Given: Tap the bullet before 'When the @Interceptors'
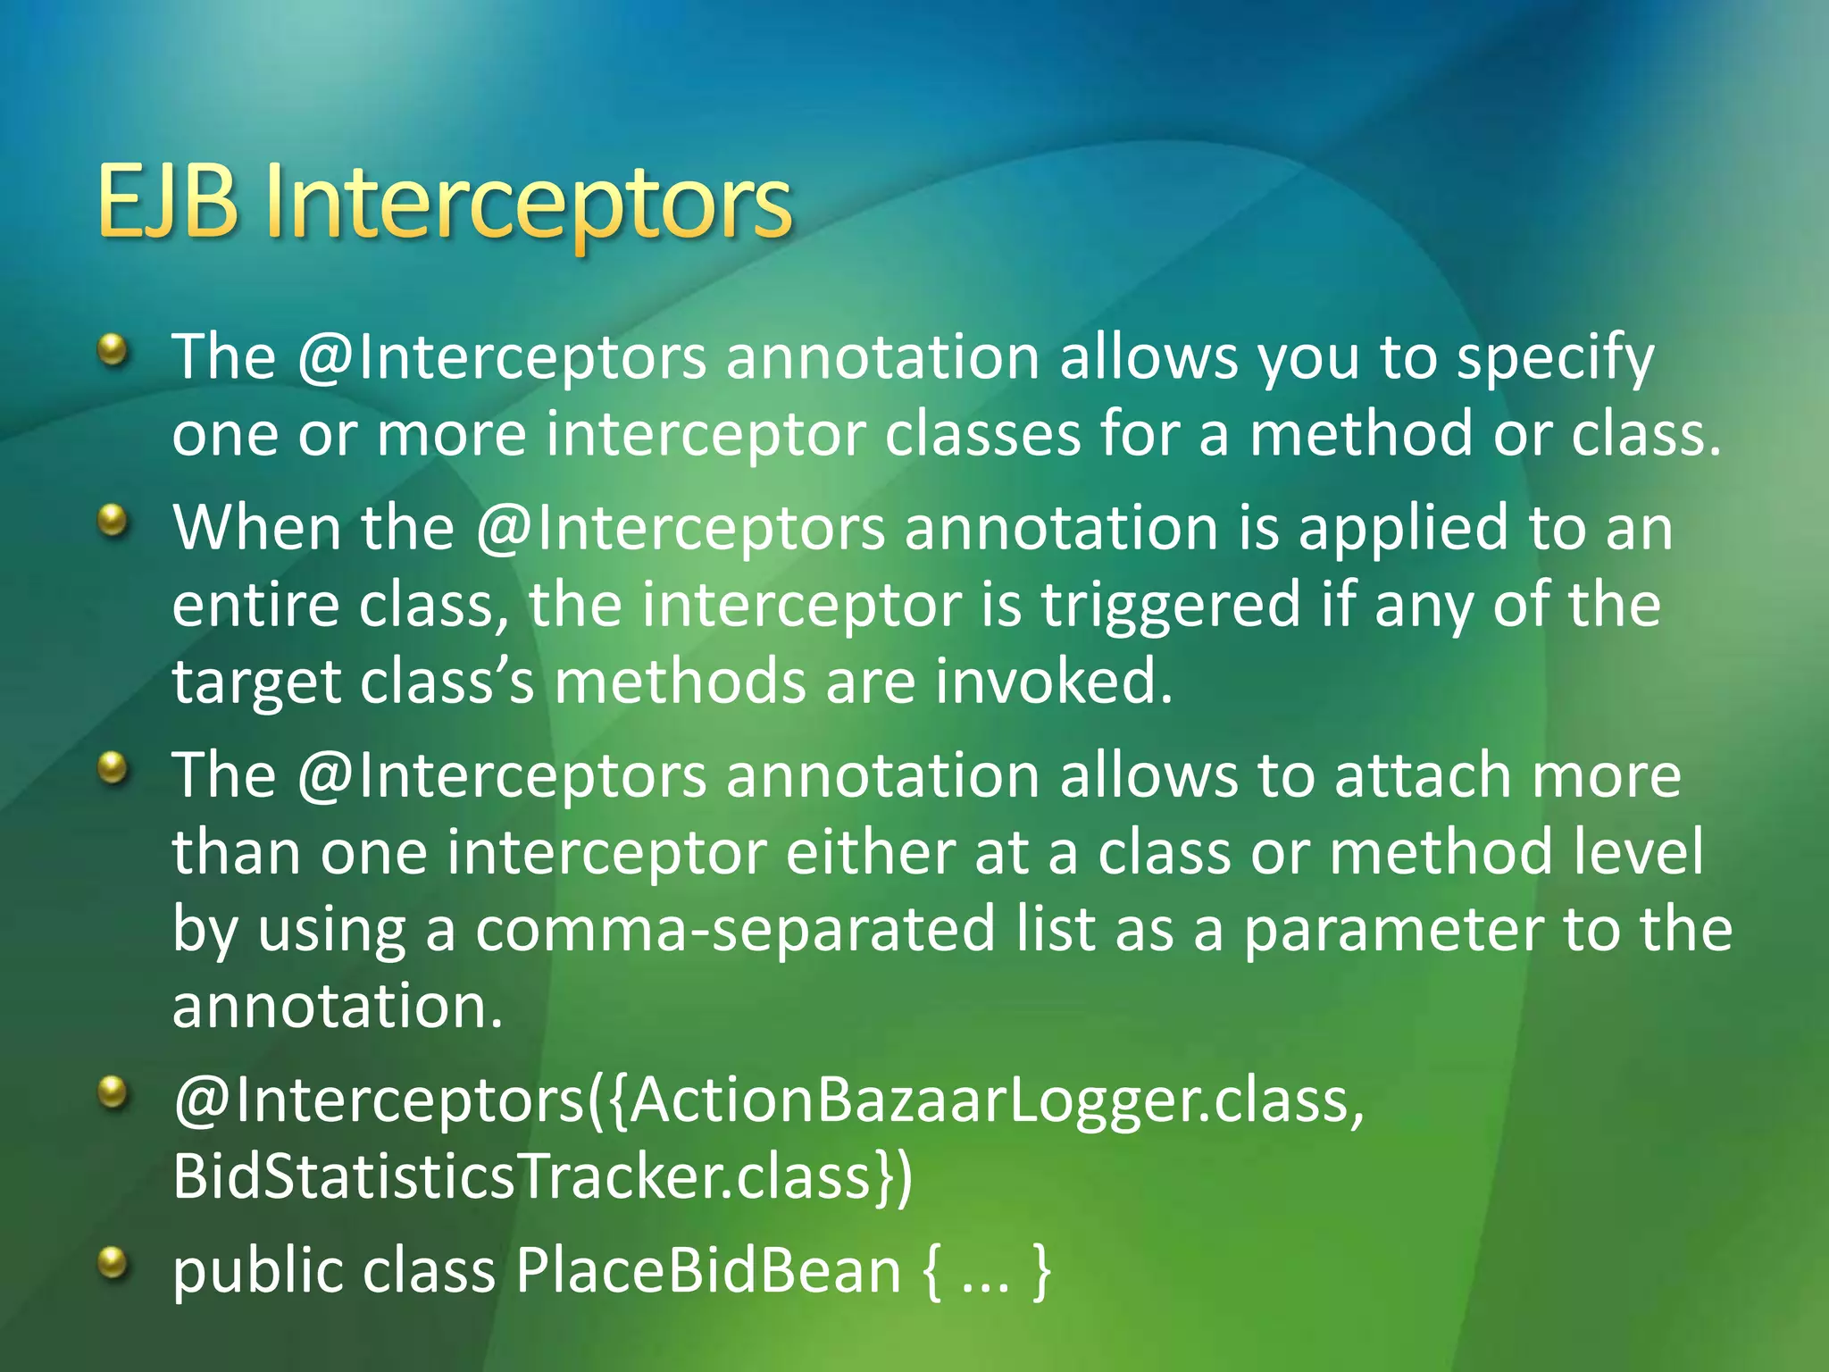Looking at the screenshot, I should [113, 519].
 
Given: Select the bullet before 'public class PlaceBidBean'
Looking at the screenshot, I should [113, 1262].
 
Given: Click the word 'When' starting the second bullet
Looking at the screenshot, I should [256, 528].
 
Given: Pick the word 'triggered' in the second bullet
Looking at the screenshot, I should [1171, 605].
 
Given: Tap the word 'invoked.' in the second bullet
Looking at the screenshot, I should [1054, 682].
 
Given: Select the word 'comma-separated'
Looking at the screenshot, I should [735, 929].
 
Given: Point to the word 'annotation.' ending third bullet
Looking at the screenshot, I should [338, 1007].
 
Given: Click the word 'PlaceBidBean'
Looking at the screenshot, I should [708, 1271].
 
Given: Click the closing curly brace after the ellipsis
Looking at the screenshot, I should [1041, 1271].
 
